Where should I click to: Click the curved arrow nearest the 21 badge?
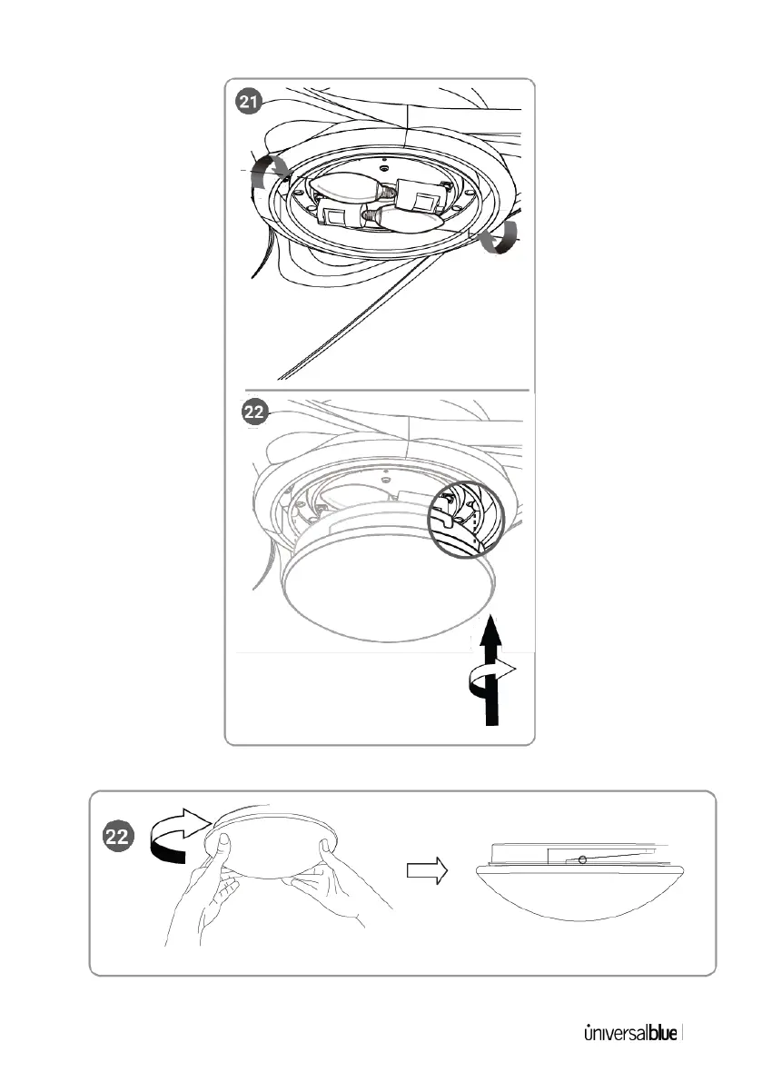270,172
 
